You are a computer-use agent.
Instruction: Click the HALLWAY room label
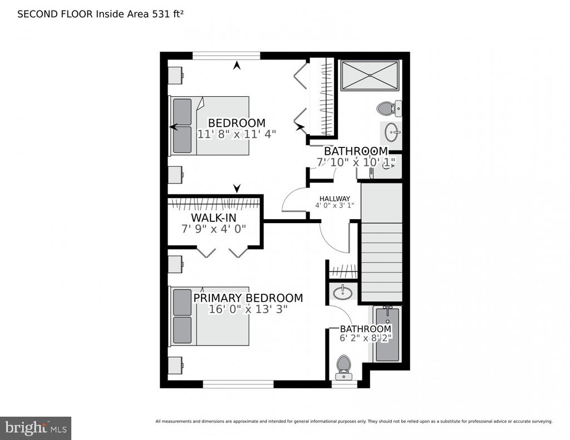335,199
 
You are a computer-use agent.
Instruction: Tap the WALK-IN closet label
214,217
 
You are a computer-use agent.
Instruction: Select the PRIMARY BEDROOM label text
248,298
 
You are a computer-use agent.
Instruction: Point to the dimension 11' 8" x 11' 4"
237,134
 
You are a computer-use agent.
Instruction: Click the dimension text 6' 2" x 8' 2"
365,338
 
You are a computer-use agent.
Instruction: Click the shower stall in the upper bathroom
370,76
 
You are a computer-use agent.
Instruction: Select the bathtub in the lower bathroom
387,334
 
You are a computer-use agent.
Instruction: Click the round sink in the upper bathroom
391,132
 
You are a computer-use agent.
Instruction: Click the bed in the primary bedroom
210,316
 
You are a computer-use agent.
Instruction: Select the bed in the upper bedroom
210,126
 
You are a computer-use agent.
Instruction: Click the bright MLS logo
36,428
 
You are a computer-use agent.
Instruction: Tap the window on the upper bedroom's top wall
226,56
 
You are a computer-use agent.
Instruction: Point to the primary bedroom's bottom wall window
238,384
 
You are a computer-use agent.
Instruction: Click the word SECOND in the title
35,14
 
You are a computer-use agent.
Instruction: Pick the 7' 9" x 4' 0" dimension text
214,229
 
